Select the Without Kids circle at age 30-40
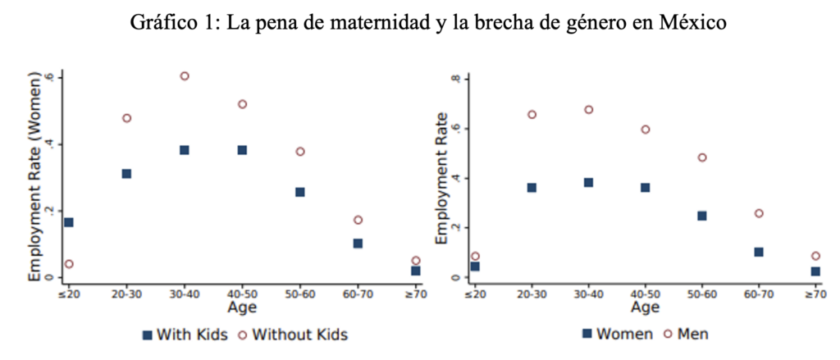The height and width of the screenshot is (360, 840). [185, 76]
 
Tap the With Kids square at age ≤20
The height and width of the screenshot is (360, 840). [68, 222]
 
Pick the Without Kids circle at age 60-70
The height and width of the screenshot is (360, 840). [358, 220]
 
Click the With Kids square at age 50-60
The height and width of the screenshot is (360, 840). [300, 192]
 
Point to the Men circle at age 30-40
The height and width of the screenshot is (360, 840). [588, 110]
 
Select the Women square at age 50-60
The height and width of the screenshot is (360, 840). [702, 216]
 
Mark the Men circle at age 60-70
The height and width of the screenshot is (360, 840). [759, 213]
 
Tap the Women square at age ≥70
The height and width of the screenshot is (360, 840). [815, 271]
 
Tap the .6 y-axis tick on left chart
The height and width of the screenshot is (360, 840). [50, 77]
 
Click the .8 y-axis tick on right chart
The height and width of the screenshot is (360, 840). [464, 79]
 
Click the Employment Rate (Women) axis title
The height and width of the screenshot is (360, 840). [35, 176]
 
